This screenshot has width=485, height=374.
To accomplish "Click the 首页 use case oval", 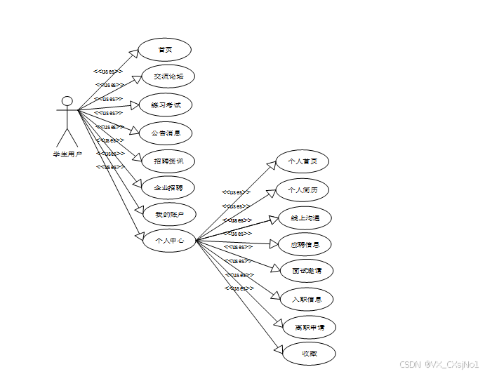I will [x=165, y=50].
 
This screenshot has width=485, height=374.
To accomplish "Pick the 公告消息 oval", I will [x=166, y=133].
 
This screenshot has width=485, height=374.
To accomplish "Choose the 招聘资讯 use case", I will [x=167, y=161].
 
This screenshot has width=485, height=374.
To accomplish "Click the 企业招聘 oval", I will [x=168, y=188].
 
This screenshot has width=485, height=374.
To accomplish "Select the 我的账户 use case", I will [x=168, y=214].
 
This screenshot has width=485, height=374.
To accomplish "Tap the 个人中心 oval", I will [x=168, y=241].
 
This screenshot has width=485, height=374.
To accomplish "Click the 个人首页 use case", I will [x=302, y=162].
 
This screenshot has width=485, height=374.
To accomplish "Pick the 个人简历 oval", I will [x=302, y=189].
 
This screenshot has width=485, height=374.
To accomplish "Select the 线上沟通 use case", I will [x=305, y=218].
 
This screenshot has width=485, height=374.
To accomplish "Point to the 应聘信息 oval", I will [x=305, y=244].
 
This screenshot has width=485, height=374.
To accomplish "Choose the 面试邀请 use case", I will [x=306, y=270].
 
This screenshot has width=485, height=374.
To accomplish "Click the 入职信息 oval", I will [x=306, y=300].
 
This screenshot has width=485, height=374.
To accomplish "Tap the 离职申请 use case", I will [x=309, y=327].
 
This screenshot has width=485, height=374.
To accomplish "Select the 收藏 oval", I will [x=309, y=354].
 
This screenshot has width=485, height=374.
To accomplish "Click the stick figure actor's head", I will [x=67, y=101].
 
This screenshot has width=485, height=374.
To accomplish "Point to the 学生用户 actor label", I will [x=67, y=154].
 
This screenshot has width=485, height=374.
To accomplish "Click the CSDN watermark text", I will [x=439, y=365].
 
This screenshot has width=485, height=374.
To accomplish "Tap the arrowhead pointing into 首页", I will [x=134, y=53].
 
